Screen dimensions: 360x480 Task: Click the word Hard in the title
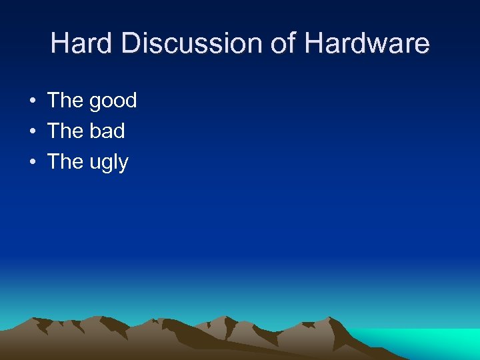75,44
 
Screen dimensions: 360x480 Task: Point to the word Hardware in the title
367,44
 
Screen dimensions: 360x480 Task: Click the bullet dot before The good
32,101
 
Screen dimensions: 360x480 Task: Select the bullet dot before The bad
32,132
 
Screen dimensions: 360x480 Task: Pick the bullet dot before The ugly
32,163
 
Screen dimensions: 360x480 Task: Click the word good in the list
113,101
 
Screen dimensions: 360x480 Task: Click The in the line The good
65,101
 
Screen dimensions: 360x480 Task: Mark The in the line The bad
65,131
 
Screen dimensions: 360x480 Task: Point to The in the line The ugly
65,162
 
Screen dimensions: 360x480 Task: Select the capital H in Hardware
314,44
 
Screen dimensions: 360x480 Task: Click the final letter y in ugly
123,165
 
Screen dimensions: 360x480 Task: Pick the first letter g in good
95,103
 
